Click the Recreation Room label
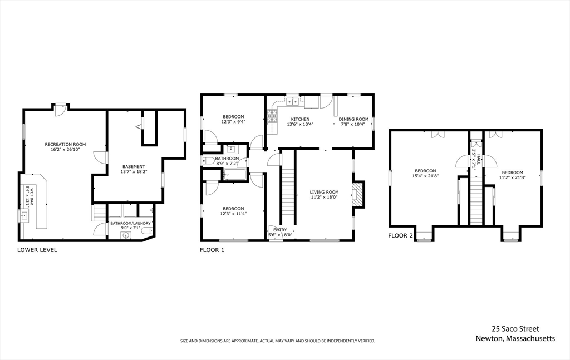(x=66, y=144)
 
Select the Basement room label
(x=134, y=167)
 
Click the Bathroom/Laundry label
(x=130, y=223)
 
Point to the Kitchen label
(x=300, y=119)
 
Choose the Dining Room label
(x=353, y=119)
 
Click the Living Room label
(x=324, y=192)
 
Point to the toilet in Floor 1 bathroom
(x=209, y=161)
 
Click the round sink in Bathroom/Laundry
(x=126, y=235)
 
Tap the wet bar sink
(x=24, y=216)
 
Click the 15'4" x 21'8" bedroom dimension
(x=425, y=176)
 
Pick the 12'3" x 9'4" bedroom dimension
(x=233, y=122)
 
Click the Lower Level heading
(x=37, y=250)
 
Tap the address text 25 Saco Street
(x=515, y=329)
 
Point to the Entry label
(x=280, y=230)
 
